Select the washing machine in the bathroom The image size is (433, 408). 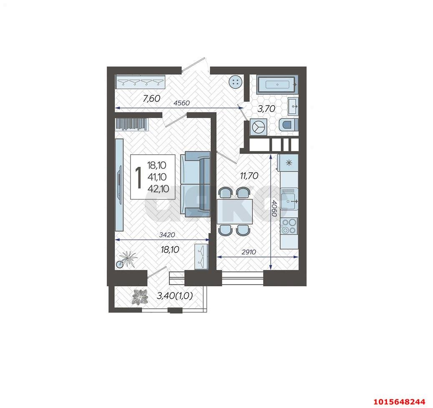click(259, 127)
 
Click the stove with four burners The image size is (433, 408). click(289, 226)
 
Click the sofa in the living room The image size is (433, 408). click(196, 184)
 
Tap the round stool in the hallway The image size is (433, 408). click(236, 82)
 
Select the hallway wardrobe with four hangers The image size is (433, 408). click(140, 82)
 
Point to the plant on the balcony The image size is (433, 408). click(140, 297)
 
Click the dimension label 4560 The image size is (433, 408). click(181, 103)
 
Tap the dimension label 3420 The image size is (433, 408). click(167, 235)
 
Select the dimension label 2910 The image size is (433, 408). click(249, 252)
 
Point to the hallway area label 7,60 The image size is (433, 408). click(151, 98)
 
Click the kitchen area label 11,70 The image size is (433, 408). click(249, 175)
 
